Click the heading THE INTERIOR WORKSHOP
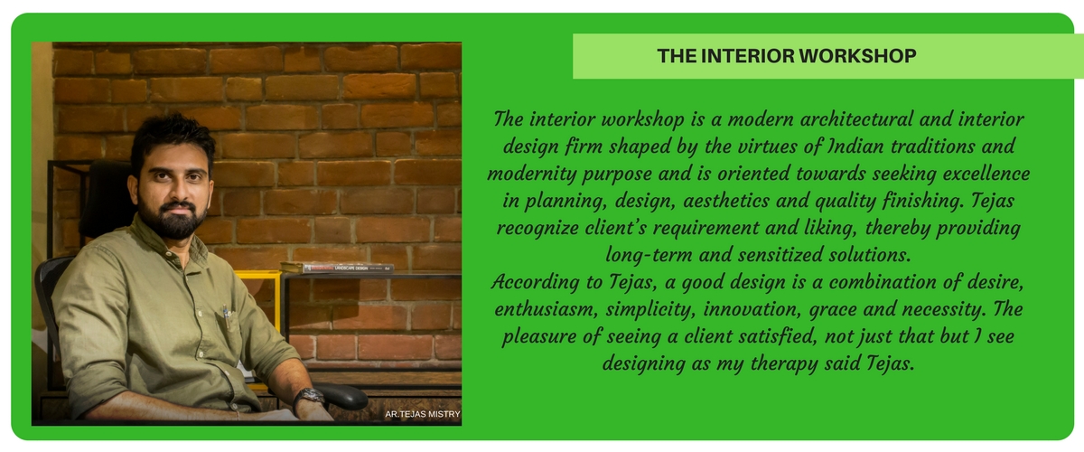pos(787,56)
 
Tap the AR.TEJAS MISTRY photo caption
pos(423,414)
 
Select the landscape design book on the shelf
pos(337,268)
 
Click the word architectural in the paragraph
pos(856,119)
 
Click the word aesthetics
pos(726,201)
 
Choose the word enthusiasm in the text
pos(547,309)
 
